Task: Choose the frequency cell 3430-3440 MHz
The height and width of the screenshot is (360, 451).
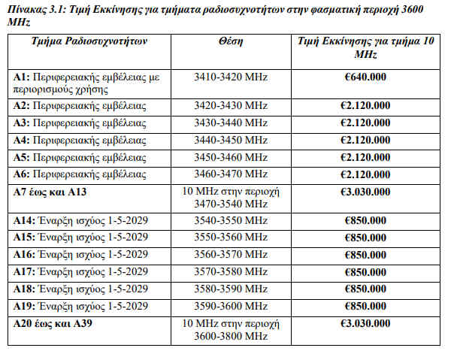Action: point(230,123)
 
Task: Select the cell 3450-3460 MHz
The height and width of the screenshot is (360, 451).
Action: point(230,157)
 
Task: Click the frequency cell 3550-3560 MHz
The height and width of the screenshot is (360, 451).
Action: point(230,237)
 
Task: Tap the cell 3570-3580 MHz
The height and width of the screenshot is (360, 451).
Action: point(230,271)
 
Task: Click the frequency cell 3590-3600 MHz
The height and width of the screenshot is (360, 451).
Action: point(230,305)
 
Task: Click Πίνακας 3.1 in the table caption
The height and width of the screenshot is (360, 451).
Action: point(38,8)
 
